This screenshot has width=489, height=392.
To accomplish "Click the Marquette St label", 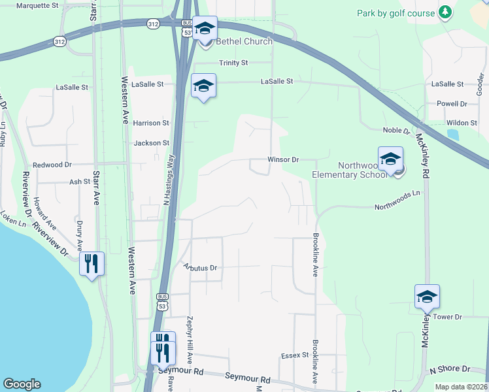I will tap(37, 5).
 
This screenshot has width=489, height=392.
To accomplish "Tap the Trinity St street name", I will tap(233, 63).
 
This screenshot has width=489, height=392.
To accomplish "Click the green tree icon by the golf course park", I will tap(445, 12).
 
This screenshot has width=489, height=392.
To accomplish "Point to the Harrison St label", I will tap(151, 123).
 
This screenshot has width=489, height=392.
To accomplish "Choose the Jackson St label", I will tap(151, 143).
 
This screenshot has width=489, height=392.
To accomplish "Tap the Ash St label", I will tap(79, 183).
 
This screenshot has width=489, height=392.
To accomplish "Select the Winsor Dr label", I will tap(283, 159).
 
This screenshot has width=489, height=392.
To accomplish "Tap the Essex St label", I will tap(294, 355).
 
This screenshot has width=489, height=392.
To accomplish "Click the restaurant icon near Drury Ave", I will tap(92, 264).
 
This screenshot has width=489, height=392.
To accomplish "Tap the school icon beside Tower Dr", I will tap(427, 297).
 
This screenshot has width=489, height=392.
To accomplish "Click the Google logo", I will tap(22, 384).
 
